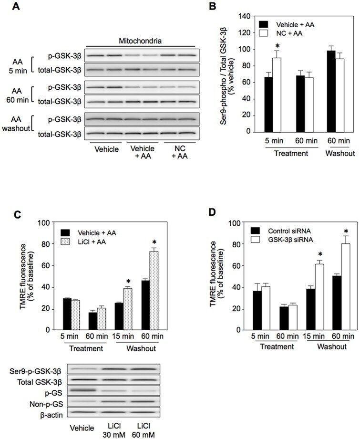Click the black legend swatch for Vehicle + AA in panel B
[263, 24]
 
